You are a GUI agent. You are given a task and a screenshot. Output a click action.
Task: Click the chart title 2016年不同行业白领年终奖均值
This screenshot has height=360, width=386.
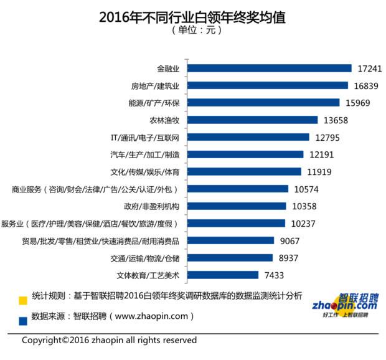click(x=192, y=17)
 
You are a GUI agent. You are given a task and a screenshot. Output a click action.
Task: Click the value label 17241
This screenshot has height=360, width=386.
click(x=369, y=68)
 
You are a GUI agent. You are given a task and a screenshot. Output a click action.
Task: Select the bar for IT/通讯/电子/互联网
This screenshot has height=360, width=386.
click(x=248, y=137)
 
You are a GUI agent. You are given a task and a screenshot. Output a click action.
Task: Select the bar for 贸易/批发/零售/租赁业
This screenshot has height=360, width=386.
click(x=231, y=240)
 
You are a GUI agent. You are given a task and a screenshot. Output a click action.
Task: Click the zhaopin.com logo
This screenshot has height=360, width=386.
click(x=349, y=305)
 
